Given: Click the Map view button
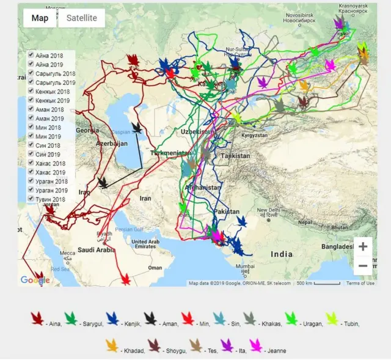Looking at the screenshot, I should click(x=40, y=18).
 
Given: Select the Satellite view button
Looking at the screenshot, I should click(x=81, y=18).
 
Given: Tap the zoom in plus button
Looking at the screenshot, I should click(x=363, y=246).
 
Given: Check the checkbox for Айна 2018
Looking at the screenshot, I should click(x=31, y=55).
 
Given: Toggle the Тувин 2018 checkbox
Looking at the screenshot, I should click(x=31, y=199).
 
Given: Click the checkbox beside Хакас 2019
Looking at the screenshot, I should click(x=31, y=172).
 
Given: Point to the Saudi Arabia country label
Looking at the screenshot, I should click(x=97, y=249).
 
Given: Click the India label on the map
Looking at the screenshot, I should click(x=282, y=254).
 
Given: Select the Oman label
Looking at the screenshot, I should click(x=155, y=267).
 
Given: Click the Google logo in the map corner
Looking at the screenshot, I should click(x=35, y=280).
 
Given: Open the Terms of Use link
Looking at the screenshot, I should click(x=360, y=283).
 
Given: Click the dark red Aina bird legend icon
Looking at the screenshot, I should click(x=38, y=318).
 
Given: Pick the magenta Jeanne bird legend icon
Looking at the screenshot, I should click(x=255, y=346).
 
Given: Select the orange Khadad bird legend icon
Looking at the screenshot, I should click(x=111, y=346).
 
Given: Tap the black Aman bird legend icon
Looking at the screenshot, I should click(x=150, y=318).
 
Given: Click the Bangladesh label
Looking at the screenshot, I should click(x=338, y=246).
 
